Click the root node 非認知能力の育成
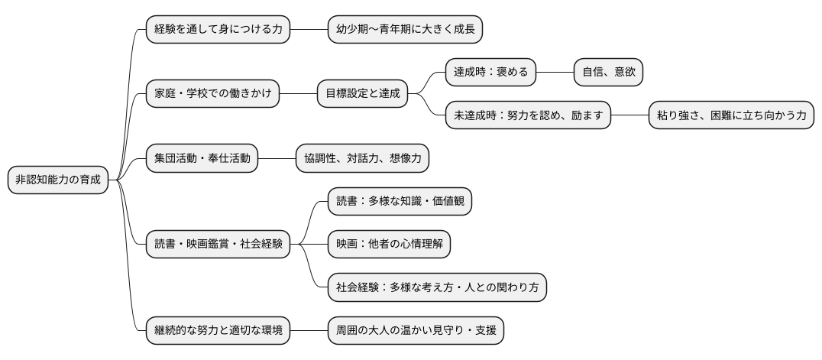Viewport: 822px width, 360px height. pyautogui.click(x=58, y=180)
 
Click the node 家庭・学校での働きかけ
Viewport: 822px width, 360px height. pyautogui.click(x=213, y=94)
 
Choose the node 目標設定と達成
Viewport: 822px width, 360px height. pyautogui.click(x=362, y=94)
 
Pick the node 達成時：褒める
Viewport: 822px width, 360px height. pyautogui.click(x=490, y=73)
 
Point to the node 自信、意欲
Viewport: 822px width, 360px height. pyautogui.click(x=608, y=73)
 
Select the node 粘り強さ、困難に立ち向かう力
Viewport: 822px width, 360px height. pyautogui.click(x=731, y=116)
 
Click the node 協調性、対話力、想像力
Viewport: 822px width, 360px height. pyautogui.click(x=362, y=159)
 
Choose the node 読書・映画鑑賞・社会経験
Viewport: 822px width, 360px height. pyautogui.click(x=218, y=245)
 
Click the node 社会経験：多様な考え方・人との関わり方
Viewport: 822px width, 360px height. pyautogui.click(x=437, y=288)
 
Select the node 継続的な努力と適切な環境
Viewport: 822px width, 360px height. pyautogui.click(x=218, y=331)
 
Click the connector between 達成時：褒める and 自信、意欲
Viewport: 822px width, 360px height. pyautogui.click(x=555, y=73)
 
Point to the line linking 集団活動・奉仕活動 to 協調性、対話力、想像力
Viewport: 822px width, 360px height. pyautogui.click(x=277, y=159)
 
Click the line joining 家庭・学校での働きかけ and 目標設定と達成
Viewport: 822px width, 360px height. pyautogui.click(x=299, y=94)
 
